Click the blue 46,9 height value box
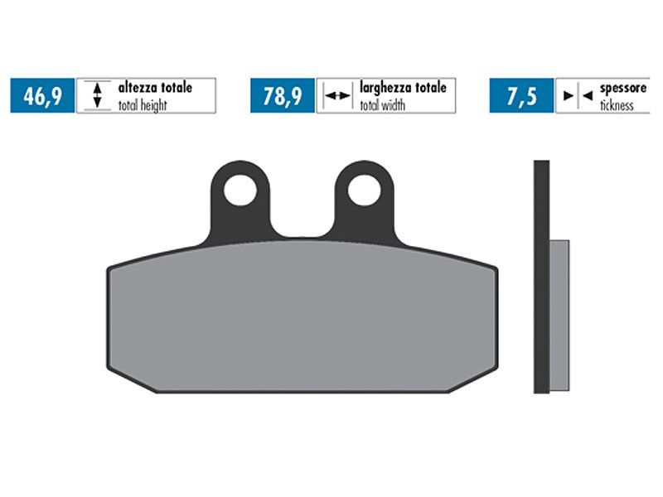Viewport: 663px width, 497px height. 42,95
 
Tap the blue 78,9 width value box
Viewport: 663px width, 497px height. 283,95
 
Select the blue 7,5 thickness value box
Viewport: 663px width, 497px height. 521,95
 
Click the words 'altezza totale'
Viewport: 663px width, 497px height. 155,88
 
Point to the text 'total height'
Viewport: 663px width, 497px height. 143,105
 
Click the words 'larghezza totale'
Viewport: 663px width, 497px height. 403,88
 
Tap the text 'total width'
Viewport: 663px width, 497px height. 382,105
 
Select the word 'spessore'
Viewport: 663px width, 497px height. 623,89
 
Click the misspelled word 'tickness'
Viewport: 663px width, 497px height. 617,105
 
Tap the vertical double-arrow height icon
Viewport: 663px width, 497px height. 97,95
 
